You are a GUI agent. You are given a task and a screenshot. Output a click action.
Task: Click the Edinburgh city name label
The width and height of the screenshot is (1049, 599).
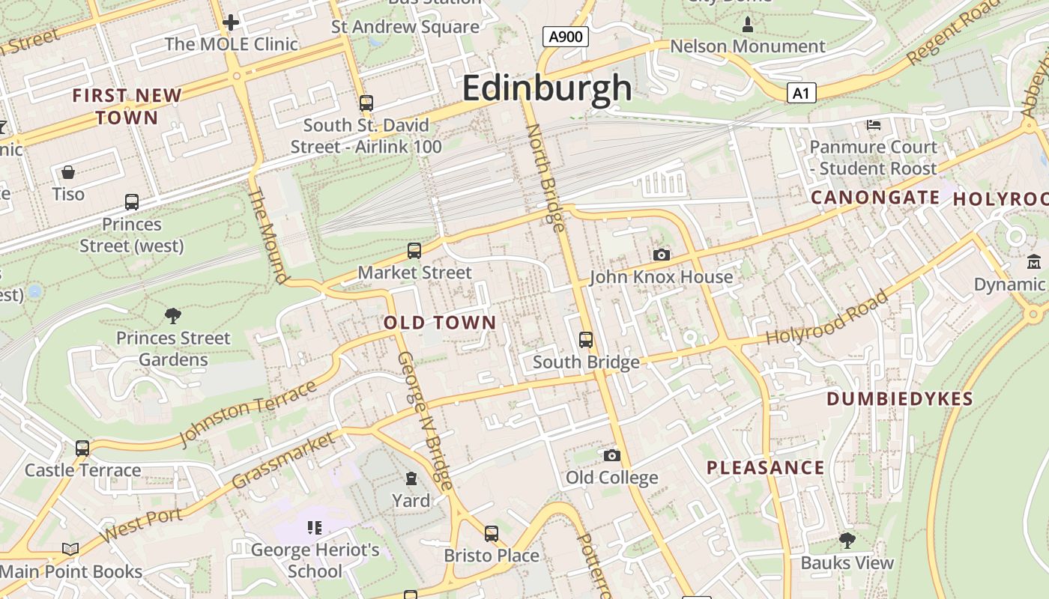(547, 88)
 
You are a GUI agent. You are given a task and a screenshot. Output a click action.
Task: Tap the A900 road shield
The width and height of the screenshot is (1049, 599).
(565, 37)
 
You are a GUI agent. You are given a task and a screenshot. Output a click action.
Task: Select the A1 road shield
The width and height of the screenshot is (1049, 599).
(801, 93)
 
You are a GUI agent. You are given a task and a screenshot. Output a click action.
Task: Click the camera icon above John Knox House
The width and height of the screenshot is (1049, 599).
(661, 255)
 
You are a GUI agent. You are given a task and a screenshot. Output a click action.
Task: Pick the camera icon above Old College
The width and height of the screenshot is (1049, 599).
(612, 455)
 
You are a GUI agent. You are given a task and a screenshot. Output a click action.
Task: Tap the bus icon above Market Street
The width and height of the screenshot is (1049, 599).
(414, 250)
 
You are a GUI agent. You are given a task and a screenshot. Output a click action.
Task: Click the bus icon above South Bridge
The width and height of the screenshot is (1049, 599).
(586, 340)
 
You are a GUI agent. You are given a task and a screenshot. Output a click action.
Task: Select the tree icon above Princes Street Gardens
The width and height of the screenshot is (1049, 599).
(173, 315)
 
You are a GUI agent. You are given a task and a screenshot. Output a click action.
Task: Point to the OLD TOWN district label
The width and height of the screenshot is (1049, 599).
(440, 323)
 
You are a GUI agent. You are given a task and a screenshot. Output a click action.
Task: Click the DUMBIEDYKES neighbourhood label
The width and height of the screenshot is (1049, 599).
(899, 399)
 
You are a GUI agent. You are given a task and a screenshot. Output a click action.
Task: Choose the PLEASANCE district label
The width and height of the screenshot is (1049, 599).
(765, 468)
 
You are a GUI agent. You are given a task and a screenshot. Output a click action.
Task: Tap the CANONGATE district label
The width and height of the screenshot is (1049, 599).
(875, 198)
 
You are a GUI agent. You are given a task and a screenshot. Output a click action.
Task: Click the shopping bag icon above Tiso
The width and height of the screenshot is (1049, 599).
(68, 172)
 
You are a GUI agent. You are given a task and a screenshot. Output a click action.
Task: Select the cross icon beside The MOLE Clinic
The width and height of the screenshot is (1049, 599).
(231, 22)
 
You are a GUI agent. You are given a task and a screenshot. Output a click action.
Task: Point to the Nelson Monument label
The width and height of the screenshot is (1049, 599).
(747, 46)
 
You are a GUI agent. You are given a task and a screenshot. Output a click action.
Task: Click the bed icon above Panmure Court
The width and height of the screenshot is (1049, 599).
(874, 124)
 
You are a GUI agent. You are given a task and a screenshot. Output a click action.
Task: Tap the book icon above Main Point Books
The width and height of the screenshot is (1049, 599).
(70, 550)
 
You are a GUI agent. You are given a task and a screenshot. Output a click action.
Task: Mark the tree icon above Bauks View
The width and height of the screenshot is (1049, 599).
(847, 540)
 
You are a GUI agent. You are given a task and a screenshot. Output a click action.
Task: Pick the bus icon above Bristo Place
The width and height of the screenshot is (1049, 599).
(492, 533)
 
